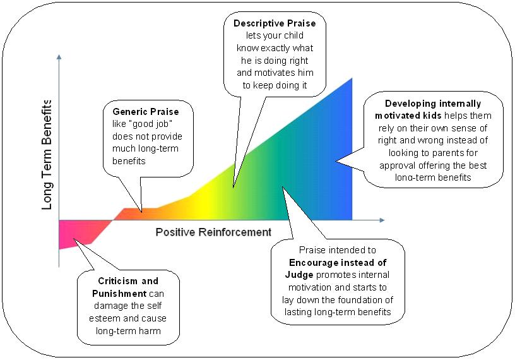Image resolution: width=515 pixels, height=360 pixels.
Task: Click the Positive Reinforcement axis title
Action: click(213, 232)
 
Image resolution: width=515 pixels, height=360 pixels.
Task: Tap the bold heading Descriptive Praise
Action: click(275, 23)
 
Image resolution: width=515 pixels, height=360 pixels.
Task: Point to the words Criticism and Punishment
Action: click(128, 287)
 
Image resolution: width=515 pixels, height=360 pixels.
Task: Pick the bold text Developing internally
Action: click(433, 104)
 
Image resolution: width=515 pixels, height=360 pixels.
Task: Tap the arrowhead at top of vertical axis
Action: click(59, 57)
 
